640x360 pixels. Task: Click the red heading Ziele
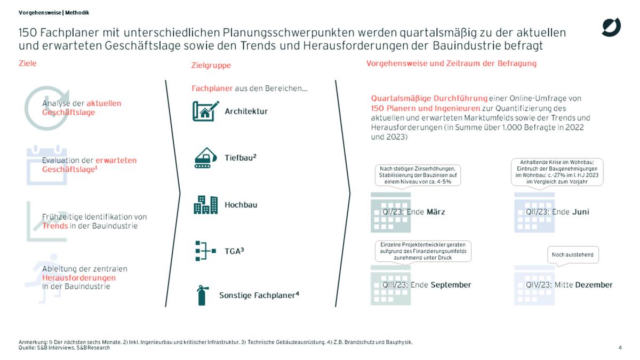pyautogui.click(x=28, y=63)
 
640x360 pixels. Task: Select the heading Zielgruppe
pyautogui.click(x=211, y=66)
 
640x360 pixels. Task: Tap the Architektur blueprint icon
pyautogui.click(x=205, y=111)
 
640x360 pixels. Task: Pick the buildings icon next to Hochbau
pyautogui.click(x=205, y=205)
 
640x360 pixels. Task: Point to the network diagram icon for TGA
pyautogui.click(x=205, y=250)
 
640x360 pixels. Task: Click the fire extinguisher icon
pyautogui.click(x=202, y=295)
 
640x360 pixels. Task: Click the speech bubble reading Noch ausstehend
pyautogui.click(x=573, y=255)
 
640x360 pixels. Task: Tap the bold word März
pyautogui.click(x=436, y=212)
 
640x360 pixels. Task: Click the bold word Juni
pyautogui.click(x=581, y=212)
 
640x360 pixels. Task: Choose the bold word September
pyautogui.click(x=451, y=285)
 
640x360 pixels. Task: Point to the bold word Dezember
pyautogui.click(x=594, y=285)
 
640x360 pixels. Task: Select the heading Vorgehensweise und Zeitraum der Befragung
pyautogui.click(x=451, y=63)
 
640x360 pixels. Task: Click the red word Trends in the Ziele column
pyautogui.click(x=55, y=226)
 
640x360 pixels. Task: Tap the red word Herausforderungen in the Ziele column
pyautogui.click(x=79, y=278)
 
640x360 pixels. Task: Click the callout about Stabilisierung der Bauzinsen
pyautogui.click(x=417, y=175)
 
